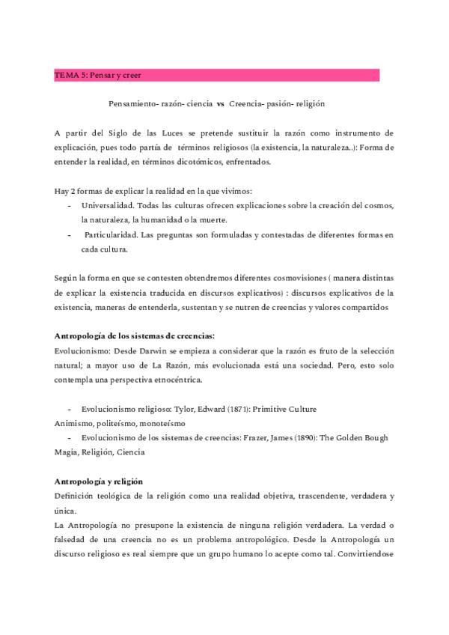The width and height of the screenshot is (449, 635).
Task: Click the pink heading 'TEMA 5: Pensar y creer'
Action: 97,76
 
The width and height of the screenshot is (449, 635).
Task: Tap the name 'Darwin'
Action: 144,350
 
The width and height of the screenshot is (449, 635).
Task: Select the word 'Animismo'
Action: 74,424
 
